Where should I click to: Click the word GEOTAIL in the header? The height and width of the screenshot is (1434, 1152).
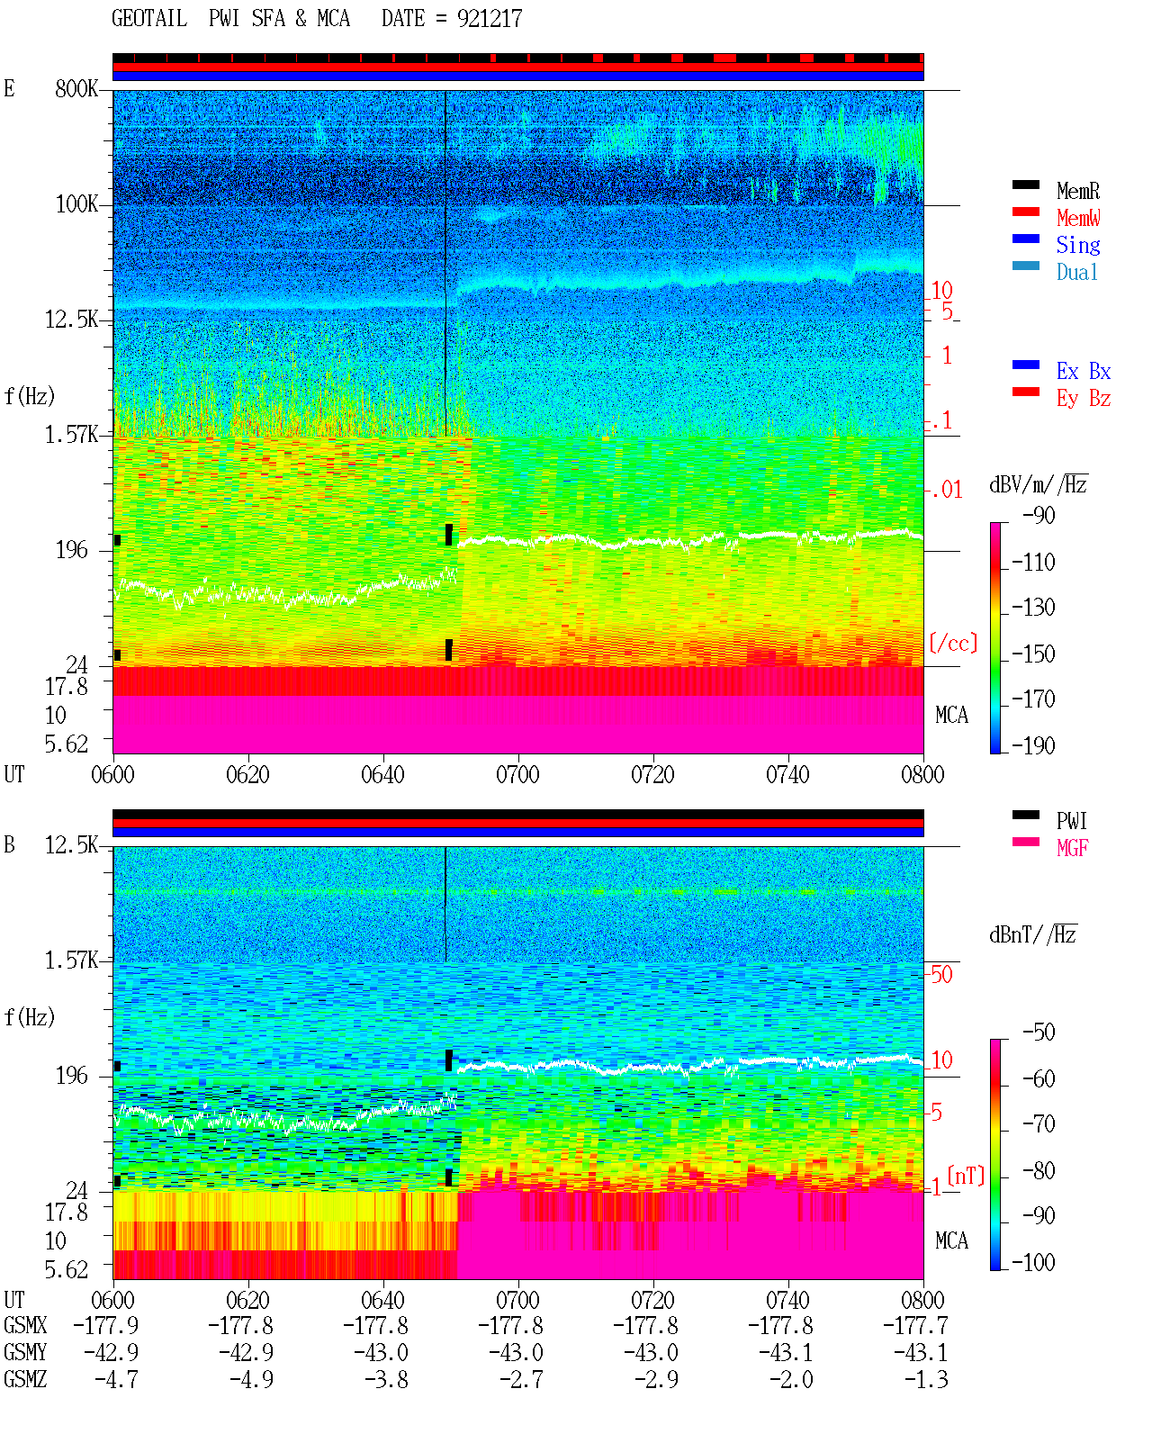[x=149, y=18]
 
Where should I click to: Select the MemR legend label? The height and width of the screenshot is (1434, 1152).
[x=1078, y=191]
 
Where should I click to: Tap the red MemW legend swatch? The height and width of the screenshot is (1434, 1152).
[x=1025, y=212]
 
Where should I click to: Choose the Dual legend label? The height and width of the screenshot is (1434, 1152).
[x=1076, y=272]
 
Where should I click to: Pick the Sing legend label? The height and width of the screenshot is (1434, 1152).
[x=1078, y=245]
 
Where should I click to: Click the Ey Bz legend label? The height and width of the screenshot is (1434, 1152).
[x=1084, y=399]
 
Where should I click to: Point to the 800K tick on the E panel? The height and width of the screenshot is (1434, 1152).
[x=76, y=88]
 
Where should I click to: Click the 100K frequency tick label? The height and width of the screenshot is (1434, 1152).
[x=76, y=204]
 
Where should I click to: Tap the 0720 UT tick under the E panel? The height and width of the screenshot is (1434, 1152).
[x=652, y=774]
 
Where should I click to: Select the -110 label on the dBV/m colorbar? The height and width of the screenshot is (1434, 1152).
[x=1033, y=563]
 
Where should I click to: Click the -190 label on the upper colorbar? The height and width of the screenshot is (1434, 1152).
[x=1033, y=745]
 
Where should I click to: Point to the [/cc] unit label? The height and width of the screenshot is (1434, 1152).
[x=953, y=643]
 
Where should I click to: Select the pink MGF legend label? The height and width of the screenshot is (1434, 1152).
[x=1072, y=848]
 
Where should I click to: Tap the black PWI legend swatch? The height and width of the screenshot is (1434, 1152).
[x=1025, y=815]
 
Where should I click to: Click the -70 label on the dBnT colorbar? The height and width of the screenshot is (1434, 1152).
[x=1039, y=1123]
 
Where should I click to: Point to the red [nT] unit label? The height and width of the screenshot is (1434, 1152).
[x=966, y=1176]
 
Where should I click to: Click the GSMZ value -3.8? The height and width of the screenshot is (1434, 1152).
[x=386, y=1379]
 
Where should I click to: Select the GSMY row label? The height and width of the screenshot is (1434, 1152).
[x=25, y=1352]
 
